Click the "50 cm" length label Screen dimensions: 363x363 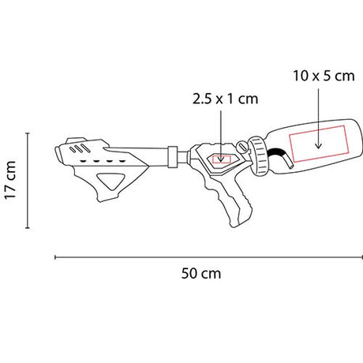pos(201,273)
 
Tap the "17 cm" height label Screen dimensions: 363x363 pos(11,180)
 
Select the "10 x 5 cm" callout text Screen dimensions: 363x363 pos(324,76)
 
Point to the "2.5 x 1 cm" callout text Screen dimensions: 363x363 pos(225,99)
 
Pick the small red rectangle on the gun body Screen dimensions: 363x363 pos(222,156)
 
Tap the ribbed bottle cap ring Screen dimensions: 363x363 pos(258,155)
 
